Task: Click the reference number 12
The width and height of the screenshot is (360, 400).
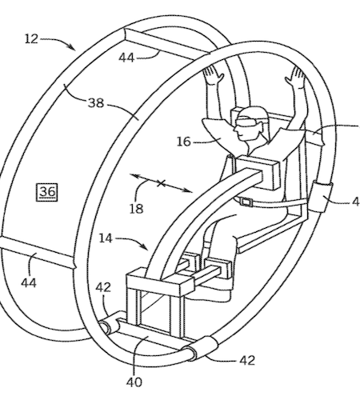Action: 31,39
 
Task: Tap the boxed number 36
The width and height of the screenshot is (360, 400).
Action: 47,192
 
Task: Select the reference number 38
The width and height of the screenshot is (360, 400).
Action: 96,103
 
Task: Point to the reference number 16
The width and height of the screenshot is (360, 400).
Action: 184,142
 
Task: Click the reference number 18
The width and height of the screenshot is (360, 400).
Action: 136,209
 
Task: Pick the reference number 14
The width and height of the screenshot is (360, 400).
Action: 106,238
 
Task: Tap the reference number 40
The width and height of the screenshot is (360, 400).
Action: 134,382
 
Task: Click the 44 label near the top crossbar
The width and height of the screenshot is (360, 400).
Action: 126,58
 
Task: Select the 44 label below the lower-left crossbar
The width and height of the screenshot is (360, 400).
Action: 29,282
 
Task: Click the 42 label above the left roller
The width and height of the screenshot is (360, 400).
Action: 103,287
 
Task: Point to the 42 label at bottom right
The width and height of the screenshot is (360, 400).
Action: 247,361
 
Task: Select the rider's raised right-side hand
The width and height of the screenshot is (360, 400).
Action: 295,76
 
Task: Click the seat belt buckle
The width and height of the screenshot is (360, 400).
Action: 246,202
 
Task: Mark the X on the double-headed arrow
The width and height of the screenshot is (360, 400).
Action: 161,183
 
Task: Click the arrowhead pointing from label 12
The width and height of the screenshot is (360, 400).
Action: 71,46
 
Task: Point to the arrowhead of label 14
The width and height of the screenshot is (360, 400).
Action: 145,246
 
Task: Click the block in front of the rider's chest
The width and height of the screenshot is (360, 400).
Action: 256,170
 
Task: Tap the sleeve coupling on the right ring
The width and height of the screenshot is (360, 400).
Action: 322,196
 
